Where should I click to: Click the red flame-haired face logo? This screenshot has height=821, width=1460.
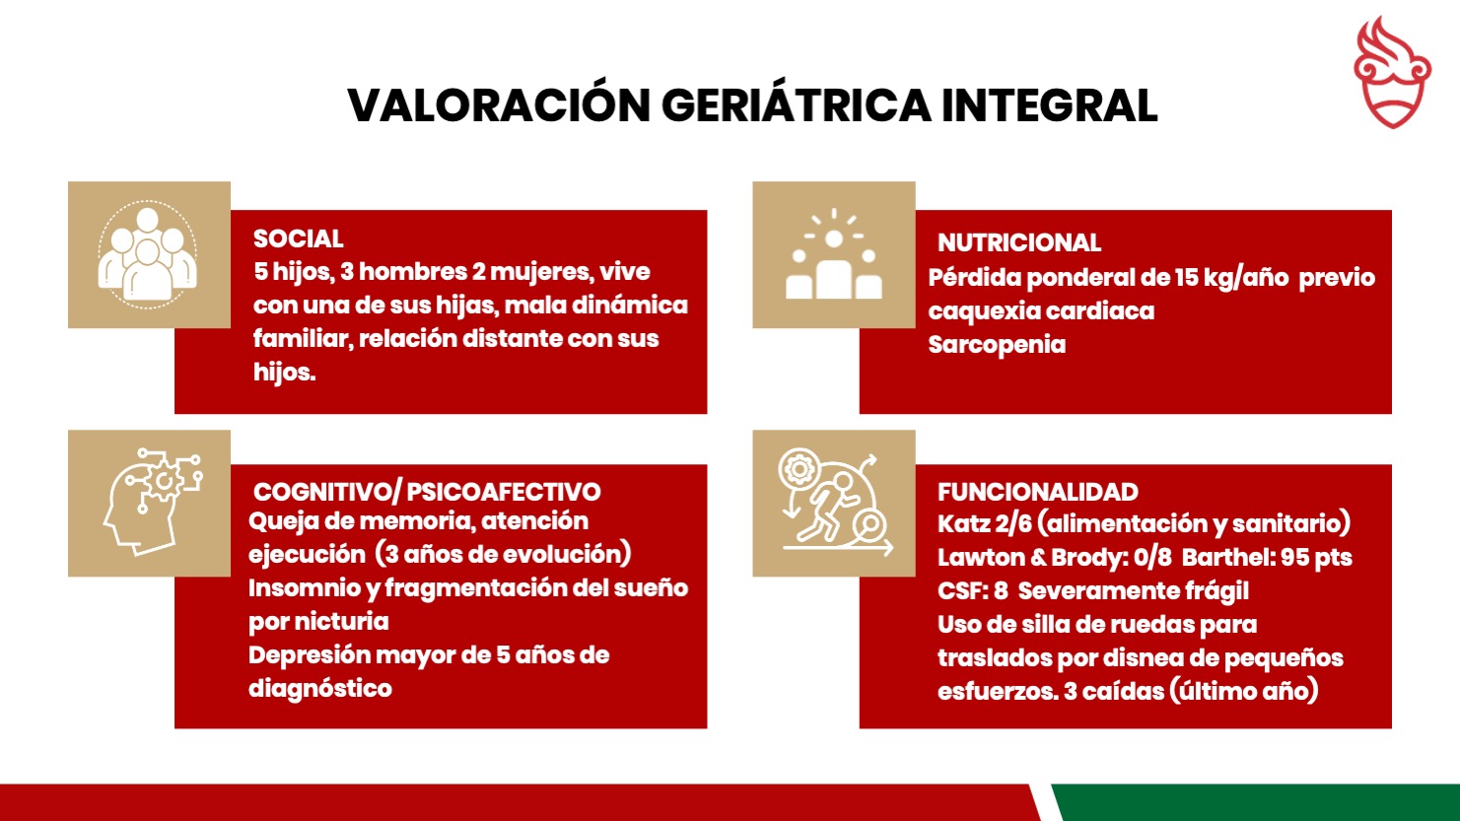point(1392,72)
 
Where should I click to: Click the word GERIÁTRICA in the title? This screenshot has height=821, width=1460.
point(797,104)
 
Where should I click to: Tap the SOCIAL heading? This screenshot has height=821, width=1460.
point(298,239)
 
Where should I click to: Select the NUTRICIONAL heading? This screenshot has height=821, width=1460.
point(1018,242)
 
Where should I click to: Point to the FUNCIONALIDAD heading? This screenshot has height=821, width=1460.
point(1038,491)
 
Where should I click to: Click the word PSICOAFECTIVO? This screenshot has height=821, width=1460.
point(503,492)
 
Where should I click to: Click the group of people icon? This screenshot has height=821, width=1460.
point(148,254)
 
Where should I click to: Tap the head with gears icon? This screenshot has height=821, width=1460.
point(153,501)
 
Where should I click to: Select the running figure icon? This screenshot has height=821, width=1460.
point(836,503)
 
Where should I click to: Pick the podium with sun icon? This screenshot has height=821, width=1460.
point(834,254)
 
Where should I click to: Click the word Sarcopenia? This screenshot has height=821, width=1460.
point(997,344)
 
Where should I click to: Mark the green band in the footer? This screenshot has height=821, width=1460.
point(1254,802)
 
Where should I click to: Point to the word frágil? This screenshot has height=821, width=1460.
point(1217,591)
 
